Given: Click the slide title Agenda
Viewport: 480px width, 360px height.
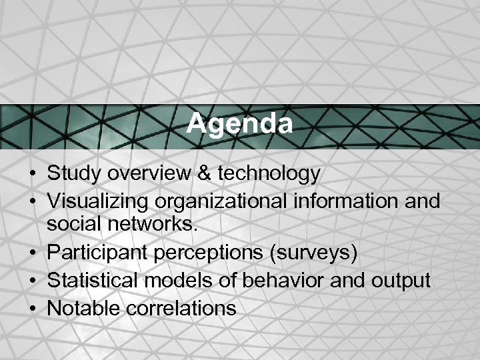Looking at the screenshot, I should tap(239, 123).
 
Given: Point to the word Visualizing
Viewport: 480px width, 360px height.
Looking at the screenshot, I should tap(95, 201).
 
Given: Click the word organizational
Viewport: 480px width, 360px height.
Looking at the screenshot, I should tap(213, 201).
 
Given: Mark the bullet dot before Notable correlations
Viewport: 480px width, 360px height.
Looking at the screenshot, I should tap(32, 308).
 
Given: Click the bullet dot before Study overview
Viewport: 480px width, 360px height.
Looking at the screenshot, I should tap(32, 175).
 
